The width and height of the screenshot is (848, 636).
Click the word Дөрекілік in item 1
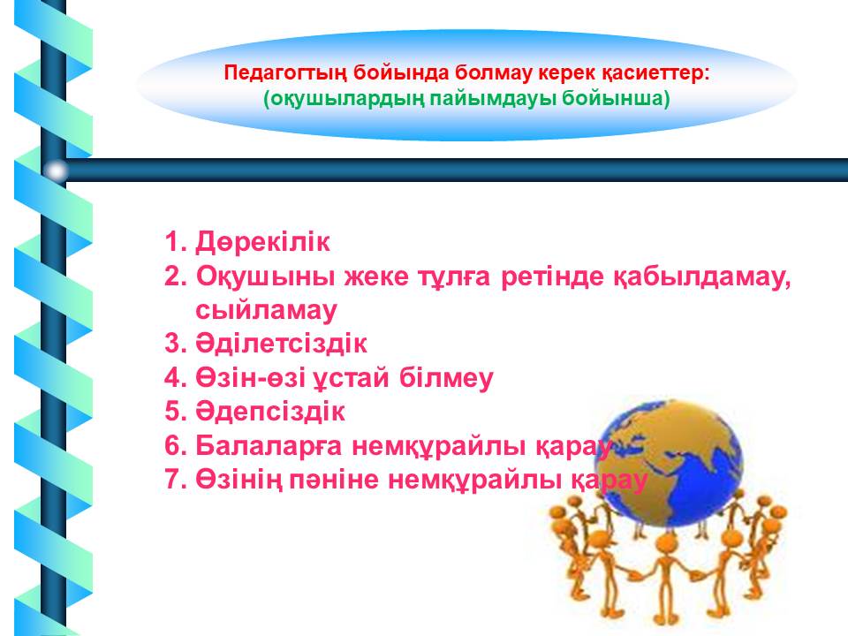pos(262,242)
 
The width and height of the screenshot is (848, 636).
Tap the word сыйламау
pos(266,311)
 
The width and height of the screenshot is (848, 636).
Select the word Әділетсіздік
pos(281,344)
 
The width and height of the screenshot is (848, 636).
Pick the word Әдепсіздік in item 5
pos(270,412)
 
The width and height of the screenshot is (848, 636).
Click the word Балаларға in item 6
pos(269,446)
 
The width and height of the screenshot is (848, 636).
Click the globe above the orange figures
pos(670,463)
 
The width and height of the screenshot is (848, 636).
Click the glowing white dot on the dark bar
pos(56,171)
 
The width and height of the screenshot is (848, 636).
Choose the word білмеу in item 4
pos(446,378)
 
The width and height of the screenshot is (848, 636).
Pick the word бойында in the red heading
pos(401,73)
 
